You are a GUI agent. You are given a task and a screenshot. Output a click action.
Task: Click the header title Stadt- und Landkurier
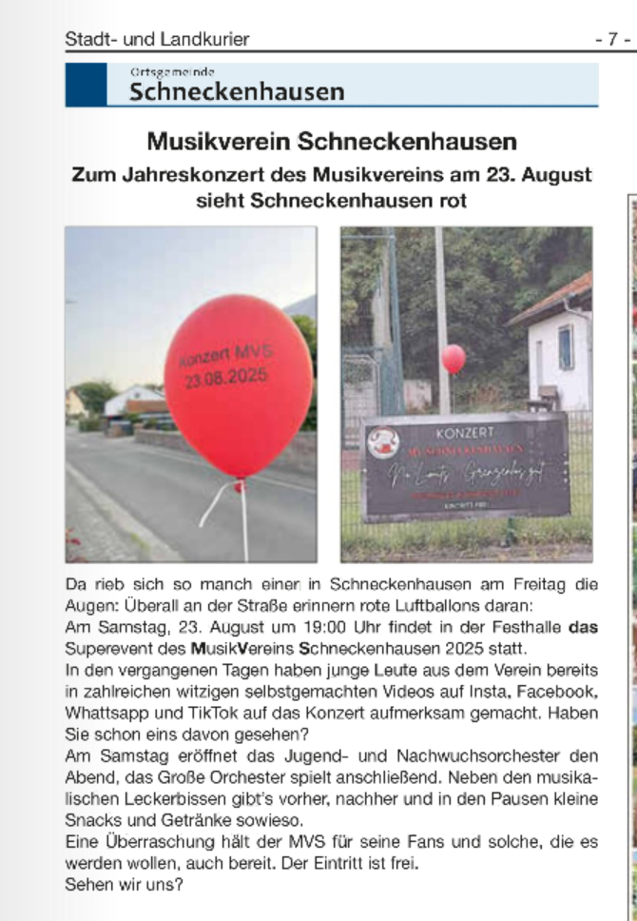click(157, 39)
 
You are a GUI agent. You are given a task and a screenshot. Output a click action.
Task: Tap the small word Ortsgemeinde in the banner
click(172, 71)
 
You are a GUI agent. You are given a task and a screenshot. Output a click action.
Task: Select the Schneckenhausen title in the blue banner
click(237, 91)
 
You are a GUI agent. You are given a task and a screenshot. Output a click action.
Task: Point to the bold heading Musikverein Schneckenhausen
click(332, 143)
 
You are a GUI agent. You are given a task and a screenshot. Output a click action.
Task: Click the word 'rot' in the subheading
click(451, 202)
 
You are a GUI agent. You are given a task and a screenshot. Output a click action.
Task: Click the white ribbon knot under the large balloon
click(237, 487)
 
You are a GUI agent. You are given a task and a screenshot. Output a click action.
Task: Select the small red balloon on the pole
click(454, 358)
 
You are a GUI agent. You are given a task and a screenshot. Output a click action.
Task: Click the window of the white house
click(566, 346)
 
